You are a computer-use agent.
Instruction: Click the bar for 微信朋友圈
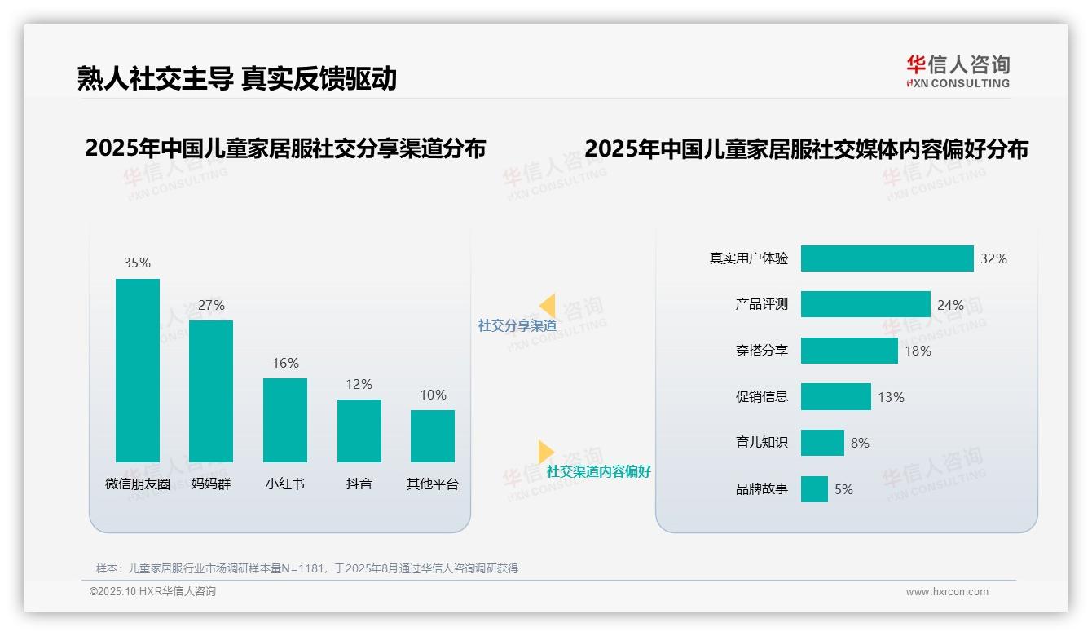click(x=138, y=370)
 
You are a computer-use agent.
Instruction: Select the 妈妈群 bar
click(x=211, y=391)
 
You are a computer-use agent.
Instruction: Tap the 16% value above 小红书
click(x=285, y=363)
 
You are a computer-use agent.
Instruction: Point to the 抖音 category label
click(x=359, y=484)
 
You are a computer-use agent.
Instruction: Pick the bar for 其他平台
click(x=433, y=435)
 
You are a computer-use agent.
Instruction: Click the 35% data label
click(x=138, y=263)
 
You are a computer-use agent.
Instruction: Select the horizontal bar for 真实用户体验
click(x=887, y=258)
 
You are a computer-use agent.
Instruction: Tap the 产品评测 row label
click(x=761, y=304)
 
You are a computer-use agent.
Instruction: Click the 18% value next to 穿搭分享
click(x=917, y=351)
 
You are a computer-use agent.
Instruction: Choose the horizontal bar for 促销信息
click(x=835, y=397)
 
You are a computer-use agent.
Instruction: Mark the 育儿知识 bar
click(x=822, y=443)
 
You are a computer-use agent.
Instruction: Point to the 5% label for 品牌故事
click(x=843, y=489)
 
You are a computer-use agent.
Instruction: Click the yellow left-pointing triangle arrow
click(x=548, y=306)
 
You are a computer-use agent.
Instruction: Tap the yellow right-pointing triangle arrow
click(x=545, y=452)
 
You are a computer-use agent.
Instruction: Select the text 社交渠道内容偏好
click(x=598, y=471)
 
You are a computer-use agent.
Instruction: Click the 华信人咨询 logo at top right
click(x=958, y=71)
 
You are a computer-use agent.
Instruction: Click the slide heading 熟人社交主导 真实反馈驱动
click(x=236, y=78)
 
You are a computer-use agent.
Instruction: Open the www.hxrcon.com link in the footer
click(x=946, y=592)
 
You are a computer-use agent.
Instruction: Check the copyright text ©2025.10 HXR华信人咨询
click(x=152, y=592)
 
